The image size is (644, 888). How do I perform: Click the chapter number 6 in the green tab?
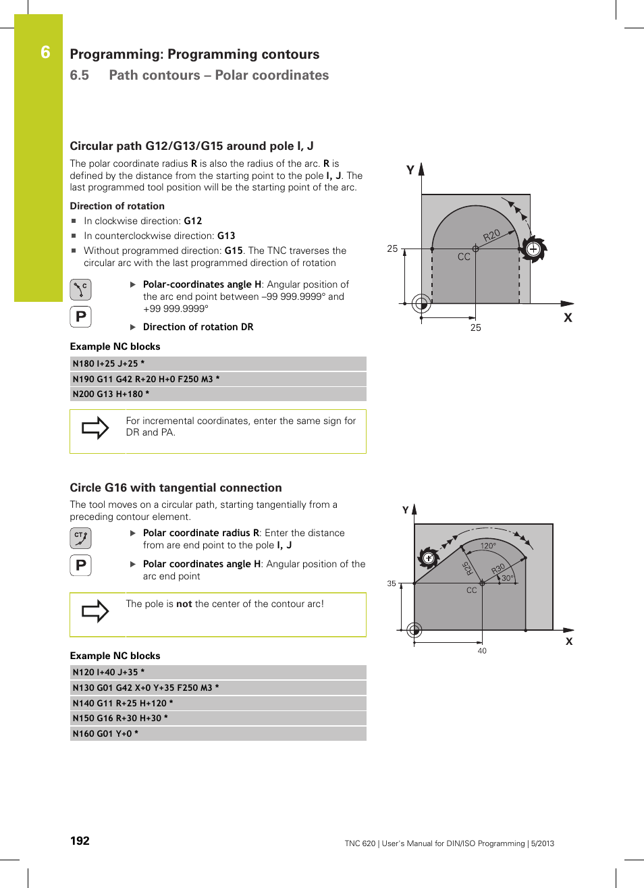coord(45,53)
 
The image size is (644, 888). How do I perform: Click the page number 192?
coord(80,841)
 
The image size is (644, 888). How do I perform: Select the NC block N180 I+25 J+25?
coord(108,363)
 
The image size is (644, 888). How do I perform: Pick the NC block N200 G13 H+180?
coord(111,394)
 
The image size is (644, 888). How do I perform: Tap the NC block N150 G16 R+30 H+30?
coord(119,718)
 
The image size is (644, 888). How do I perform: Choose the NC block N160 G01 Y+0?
coord(105,733)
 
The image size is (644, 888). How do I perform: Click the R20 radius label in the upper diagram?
coord(491,235)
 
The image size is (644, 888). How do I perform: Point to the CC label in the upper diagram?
coord(464,257)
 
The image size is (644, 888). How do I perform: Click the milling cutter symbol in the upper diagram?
coord(533,249)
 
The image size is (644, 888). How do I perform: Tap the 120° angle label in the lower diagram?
coord(488,546)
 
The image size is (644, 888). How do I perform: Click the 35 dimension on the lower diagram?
coord(392,583)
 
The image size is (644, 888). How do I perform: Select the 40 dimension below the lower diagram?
coord(482,651)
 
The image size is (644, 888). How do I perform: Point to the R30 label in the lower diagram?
coord(498,569)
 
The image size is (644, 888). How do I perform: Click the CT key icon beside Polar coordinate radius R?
coord(80,538)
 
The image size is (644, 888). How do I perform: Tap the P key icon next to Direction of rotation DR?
coord(80,316)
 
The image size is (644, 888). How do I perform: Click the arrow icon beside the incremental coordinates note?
coord(95,427)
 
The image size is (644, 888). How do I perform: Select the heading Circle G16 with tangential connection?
coord(176,488)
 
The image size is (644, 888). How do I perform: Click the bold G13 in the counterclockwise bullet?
coord(226,236)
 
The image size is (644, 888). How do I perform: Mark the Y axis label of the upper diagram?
coord(410,170)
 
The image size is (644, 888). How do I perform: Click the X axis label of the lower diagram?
coord(569,642)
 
